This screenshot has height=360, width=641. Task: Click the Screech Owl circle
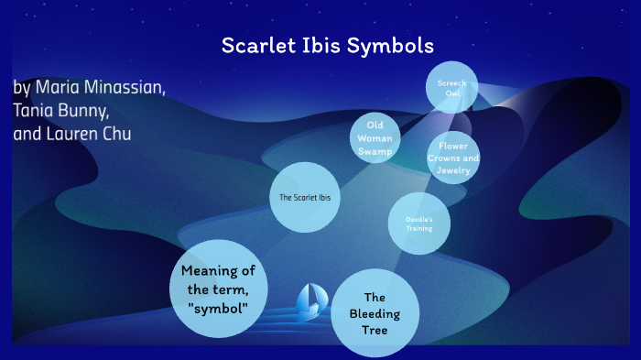click(451, 88)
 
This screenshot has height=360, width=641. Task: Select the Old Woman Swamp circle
click(375, 138)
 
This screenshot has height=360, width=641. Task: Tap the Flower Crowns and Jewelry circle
click(453, 158)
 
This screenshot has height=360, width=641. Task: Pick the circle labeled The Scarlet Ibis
click(305, 198)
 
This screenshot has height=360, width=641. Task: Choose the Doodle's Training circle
click(418, 224)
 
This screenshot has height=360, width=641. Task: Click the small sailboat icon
click(310, 299)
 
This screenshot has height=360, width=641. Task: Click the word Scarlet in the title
click(258, 45)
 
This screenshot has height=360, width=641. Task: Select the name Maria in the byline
click(59, 89)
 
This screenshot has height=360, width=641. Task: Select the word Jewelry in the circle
click(453, 170)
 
